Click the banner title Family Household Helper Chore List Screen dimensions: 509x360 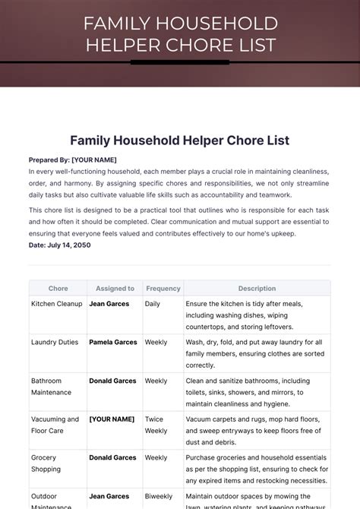pyautogui.click(x=180, y=34)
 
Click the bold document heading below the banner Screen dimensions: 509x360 pyautogui.click(x=180, y=141)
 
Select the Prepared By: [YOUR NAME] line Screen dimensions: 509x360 pyautogui.click(x=73, y=160)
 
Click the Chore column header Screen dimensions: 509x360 pyautogui.click(x=58, y=289)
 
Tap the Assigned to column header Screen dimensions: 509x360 pyautogui.click(x=115, y=289)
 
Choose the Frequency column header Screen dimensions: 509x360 pyautogui.click(x=163, y=289)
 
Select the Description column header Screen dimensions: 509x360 pyautogui.click(x=257, y=289)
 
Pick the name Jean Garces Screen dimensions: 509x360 pyautogui.click(x=109, y=304)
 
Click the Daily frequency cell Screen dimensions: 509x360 pyautogui.click(x=153, y=304)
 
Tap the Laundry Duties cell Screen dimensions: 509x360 pyautogui.click(x=55, y=343)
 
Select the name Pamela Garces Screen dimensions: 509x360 pyautogui.click(x=113, y=343)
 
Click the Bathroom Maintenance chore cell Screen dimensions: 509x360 pyautogui.click(x=52, y=387)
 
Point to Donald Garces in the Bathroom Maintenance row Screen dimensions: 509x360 pyautogui.click(x=113, y=381)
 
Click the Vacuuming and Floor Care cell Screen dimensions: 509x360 pyautogui.click(x=55, y=425)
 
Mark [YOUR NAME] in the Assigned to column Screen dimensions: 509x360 pyautogui.click(x=112, y=419)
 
